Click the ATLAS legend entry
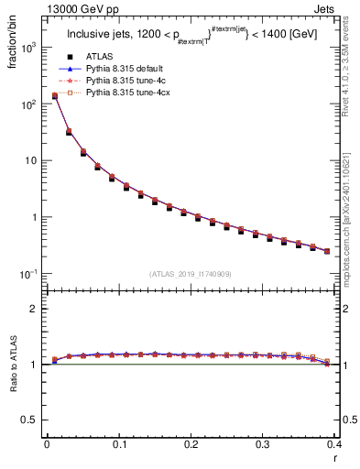pos(102,57)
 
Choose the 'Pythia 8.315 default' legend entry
pos(129,69)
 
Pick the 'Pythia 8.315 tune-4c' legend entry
pos(129,81)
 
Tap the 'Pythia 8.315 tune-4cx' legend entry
pos(129,93)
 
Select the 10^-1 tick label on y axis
pos(30,274)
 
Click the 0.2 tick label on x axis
pos(191,443)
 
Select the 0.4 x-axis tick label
pos(333,443)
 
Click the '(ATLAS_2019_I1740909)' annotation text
pos(190,273)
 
